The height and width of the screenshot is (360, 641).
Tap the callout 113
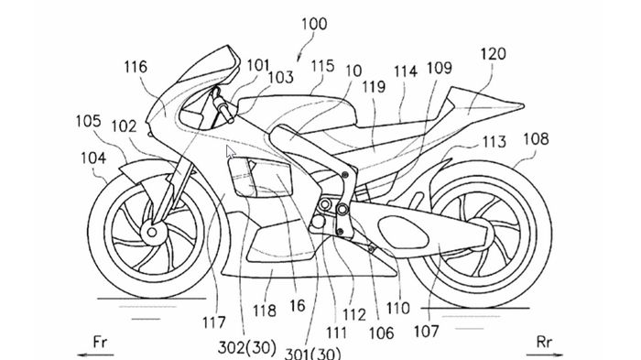coord(494,142)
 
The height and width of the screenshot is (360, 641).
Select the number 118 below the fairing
coord(264,312)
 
